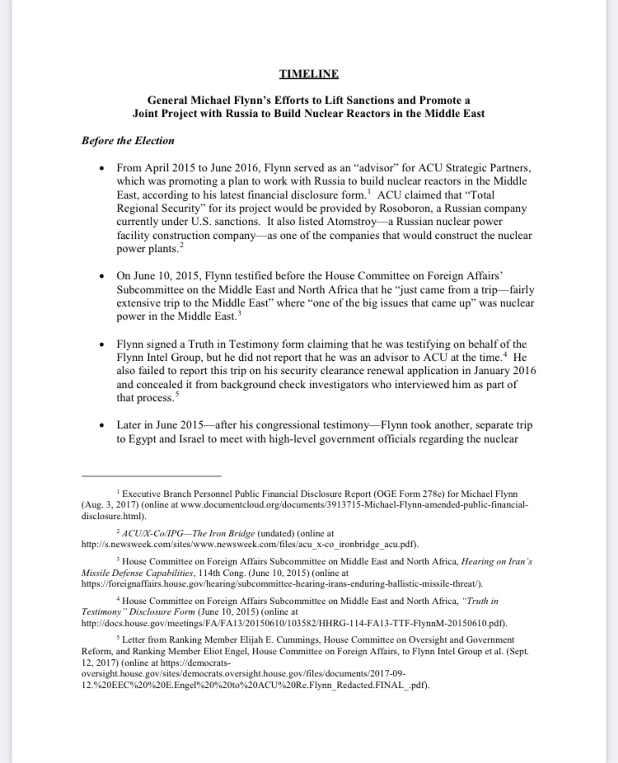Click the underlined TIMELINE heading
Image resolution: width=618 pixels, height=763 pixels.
click(308, 74)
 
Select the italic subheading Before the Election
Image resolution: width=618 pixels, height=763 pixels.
click(128, 141)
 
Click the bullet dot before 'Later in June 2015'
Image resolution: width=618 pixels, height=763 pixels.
click(100, 426)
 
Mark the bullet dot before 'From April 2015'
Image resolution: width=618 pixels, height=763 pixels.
click(100, 168)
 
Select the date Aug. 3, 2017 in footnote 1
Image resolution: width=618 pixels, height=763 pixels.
click(115, 503)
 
